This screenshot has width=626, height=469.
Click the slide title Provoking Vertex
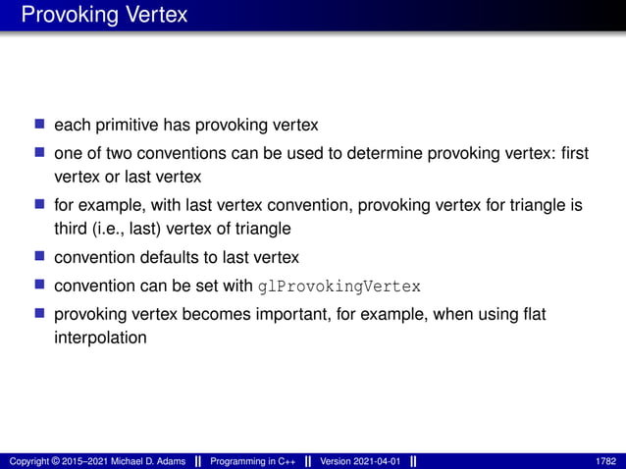[x=103, y=16]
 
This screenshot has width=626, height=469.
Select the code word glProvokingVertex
[x=339, y=287]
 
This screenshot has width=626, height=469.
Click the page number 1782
[x=605, y=461]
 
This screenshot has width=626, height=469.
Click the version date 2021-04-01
[x=373, y=461]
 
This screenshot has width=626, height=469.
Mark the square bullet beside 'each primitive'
[x=40, y=126]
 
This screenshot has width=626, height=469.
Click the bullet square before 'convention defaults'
[x=40, y=258]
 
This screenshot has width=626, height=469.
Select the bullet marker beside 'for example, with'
[x=40, y=206]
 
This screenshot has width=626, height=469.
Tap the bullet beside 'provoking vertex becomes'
[x=40, y=314]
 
